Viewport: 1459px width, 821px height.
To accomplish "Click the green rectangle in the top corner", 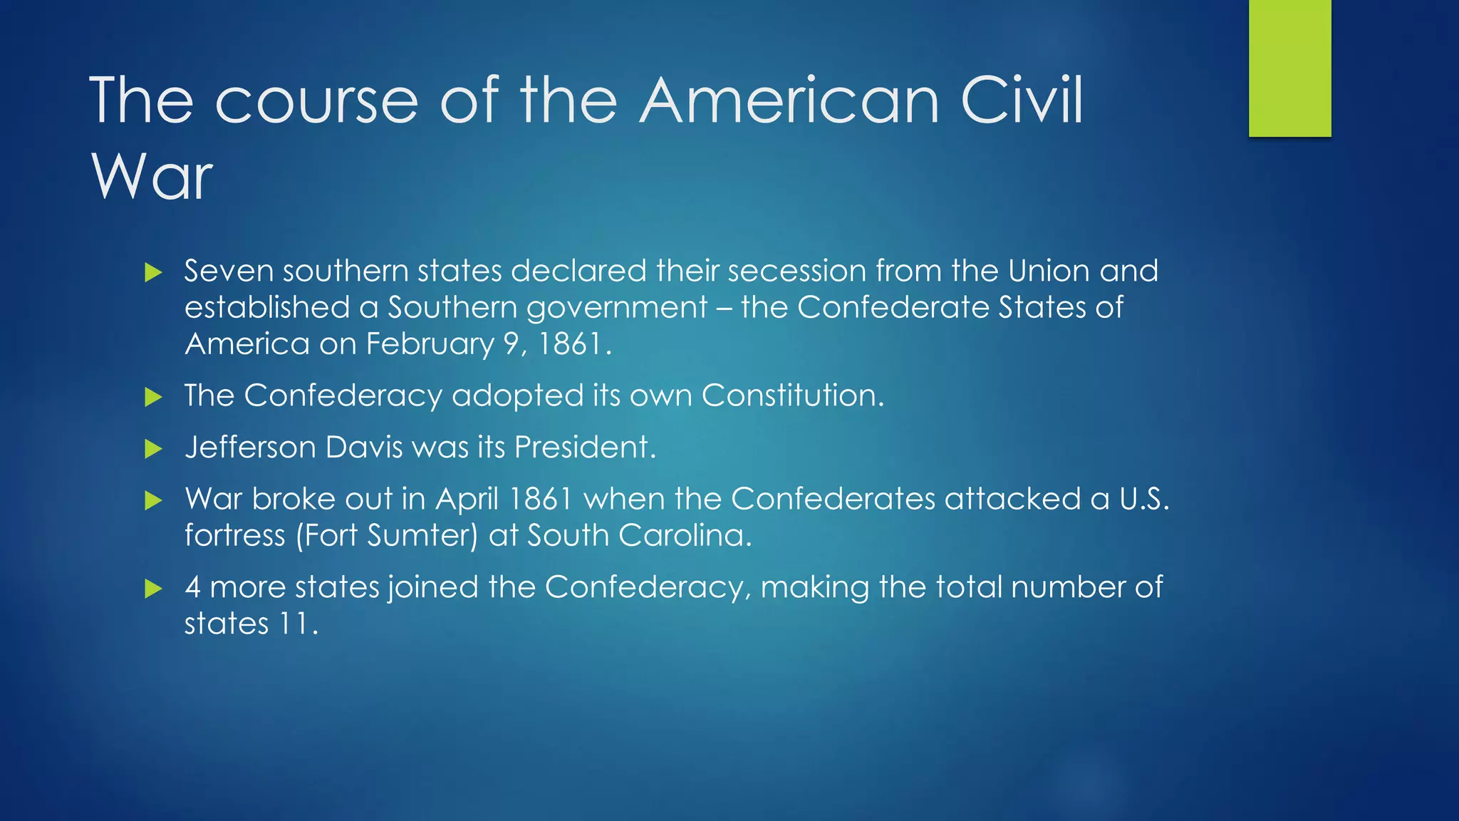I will point(1289,68).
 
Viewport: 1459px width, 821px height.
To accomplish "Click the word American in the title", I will point(789,100).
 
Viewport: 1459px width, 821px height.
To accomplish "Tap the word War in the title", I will point(152,176).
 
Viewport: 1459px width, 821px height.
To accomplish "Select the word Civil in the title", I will point(1022,100).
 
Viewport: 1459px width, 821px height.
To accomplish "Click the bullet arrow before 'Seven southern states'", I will point(153,272).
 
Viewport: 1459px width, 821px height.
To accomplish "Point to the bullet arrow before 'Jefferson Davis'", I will point(153,449).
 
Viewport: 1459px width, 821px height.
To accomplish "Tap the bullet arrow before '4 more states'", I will point(153,589).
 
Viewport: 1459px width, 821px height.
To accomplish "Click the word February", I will point(430,344).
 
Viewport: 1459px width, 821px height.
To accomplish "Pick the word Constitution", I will point(791,396).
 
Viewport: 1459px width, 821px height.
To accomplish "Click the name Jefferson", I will point(250,448).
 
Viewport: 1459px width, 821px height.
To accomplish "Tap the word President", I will point(583,448).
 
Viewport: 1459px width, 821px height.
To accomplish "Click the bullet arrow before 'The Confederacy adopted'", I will point(153,397).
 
